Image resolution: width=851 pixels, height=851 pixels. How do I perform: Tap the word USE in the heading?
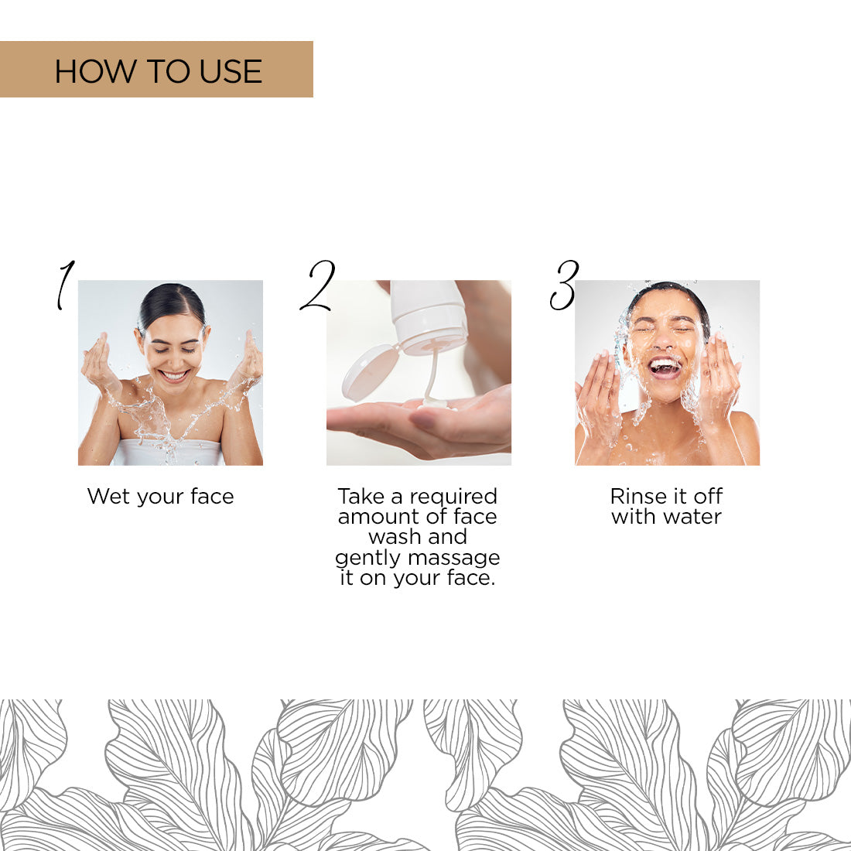(x=231, y=72)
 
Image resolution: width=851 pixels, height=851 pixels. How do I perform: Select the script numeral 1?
(x=65, y=285)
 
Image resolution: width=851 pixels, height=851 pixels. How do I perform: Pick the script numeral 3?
(x=565, y=285)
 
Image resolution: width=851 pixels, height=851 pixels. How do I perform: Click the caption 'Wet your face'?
(x=160, y=497)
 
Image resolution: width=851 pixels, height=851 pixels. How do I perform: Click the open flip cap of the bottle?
(x=369, y=371)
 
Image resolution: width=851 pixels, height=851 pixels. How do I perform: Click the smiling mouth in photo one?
(x=174, y=376)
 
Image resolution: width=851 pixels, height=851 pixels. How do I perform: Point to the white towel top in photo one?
(x=169, y=452)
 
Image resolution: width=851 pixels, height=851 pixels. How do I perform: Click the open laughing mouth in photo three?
(x=665, y=367)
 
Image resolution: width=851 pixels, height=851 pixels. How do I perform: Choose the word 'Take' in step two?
(x=361, y=497)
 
